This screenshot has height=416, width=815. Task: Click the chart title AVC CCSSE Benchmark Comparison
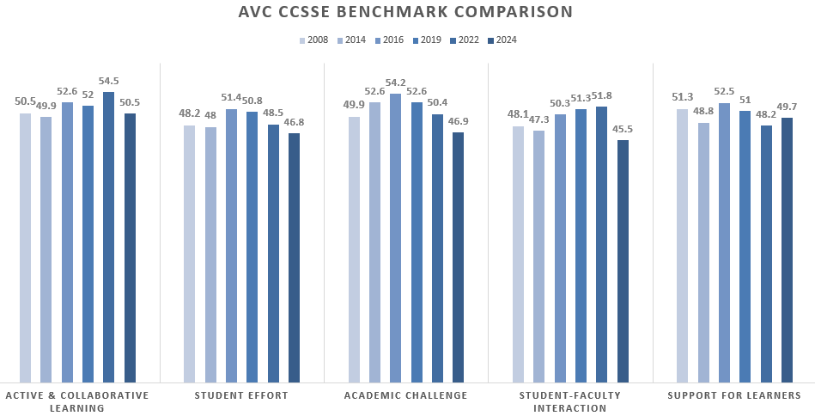coord(406,12)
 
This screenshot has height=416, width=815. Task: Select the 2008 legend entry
coord(314,40)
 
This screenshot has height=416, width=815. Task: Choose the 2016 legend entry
coord(408,40)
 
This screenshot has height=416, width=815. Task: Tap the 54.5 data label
coord(109,82)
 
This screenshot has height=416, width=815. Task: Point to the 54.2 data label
coord(395,83)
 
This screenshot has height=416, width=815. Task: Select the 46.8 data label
coord(295,123)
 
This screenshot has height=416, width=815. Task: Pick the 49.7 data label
coord(787,107)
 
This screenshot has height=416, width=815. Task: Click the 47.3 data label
coord(538,120)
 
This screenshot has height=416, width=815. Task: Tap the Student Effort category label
coord(241,395)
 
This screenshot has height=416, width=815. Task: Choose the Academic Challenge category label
coord(405,395)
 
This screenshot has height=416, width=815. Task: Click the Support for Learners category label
coord(734,395)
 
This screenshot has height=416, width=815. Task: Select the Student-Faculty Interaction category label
coord(569,401)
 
